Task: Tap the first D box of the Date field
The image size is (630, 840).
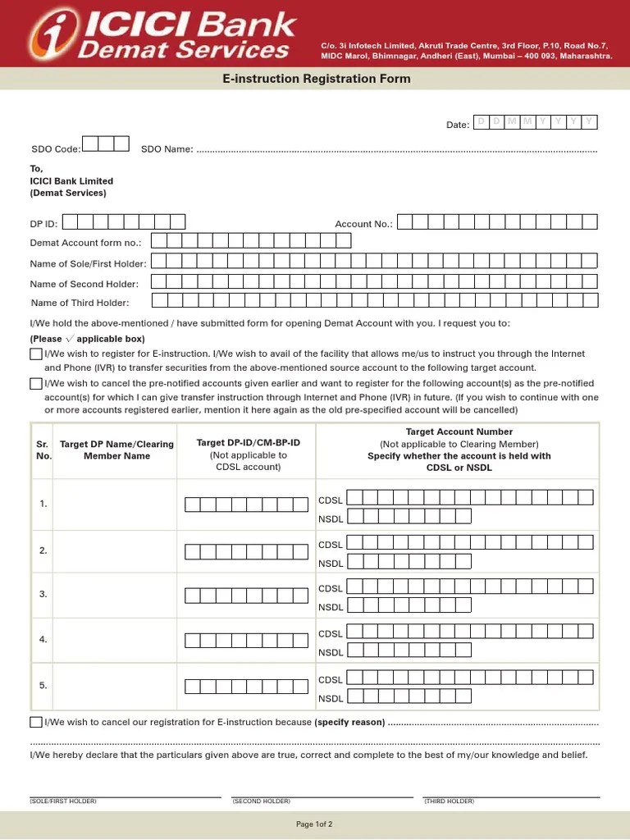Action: click(x=482, y=122)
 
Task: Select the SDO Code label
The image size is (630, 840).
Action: click(x=56, y=149)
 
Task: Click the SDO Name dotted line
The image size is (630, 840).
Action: click(x=397, y=151)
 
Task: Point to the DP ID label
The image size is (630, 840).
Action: click(x=44, y=223)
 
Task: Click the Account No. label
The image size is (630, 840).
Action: click(x=363, y=223)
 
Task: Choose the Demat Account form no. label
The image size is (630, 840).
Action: click(x=85, y=243)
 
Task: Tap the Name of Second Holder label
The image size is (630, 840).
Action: click(x=84, y=284)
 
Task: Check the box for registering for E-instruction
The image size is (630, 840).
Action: click(x=36, y=354)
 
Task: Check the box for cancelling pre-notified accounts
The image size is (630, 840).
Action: click(x=36, y=383)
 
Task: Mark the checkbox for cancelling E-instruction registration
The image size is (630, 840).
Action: click(x=36, y=722)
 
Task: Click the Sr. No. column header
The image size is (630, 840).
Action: click(x=43, y=450)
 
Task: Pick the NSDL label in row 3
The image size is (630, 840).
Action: click(x=331, y=608)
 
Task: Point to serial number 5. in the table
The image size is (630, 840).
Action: click(x=43, y=686)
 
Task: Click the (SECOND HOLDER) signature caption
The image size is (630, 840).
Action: click(x=261, y=801)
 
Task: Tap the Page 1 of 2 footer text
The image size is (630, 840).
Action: click(x=314, y=824)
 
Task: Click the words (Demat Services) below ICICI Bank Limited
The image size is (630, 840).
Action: click(x=68, y=194)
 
